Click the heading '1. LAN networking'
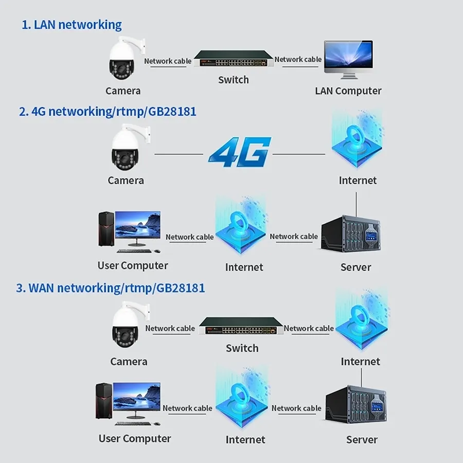tap(72, 24)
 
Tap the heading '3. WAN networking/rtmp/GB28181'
tap(111, 288)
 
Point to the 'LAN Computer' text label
tap(348, 91)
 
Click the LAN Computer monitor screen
tap(348, 56)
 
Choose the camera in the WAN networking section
tap(127, 327)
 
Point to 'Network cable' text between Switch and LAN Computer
tap(298, 59)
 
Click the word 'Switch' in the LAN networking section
tap(233, 80)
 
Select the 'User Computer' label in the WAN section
tap(134, 439)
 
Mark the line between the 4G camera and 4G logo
tap(179, 153)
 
